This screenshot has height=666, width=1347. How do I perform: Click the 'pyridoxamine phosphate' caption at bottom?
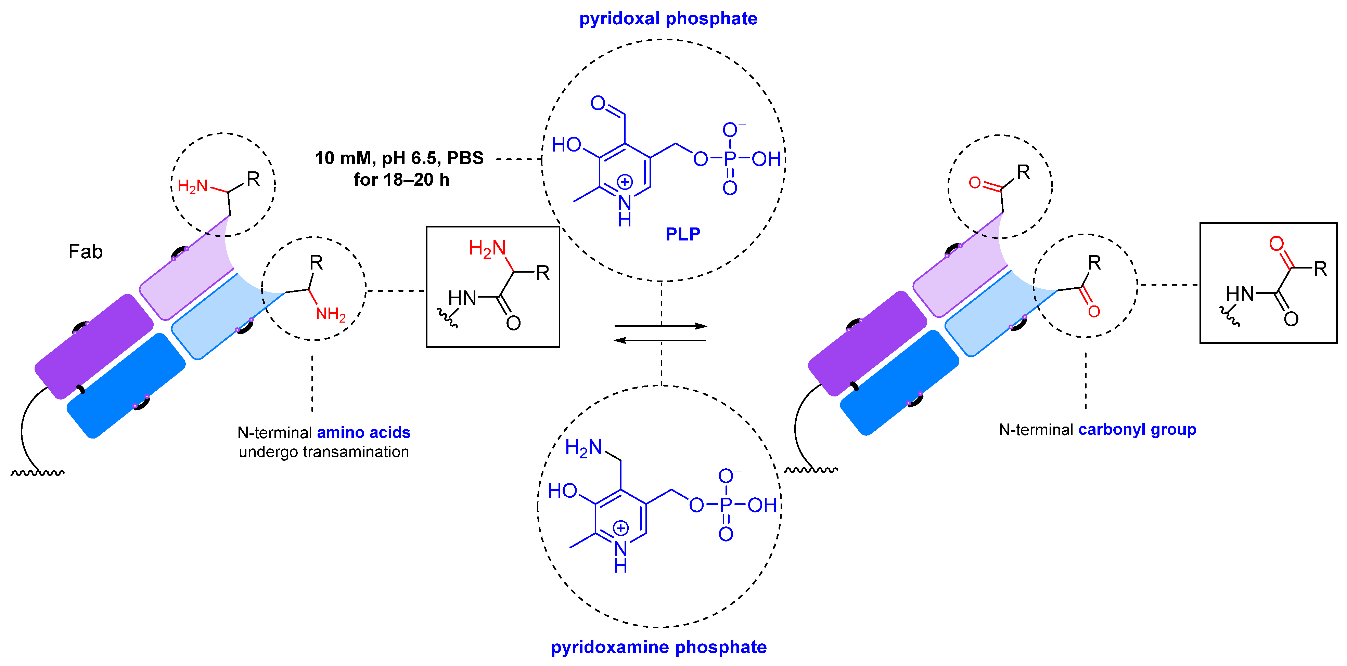pyautogui.click(x=658, y=647)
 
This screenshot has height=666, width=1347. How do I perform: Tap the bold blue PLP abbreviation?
pyautogui.click(x=682, y=234)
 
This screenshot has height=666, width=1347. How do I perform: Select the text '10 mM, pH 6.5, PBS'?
pyautogui.click(x=399, y=158)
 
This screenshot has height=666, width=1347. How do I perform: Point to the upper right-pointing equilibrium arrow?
pyautogui.click(x=660, y=326)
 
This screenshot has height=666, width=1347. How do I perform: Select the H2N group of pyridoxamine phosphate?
pyautogui.click(x=583, y=448)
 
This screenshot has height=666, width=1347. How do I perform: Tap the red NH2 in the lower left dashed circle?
pyautogui.click(x=331, y=314)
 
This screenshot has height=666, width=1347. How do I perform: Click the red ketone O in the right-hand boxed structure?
pyautogui.click(x=1277, y=244)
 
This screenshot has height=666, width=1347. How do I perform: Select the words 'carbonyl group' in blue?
pyautogui.click(x=1137, y=430)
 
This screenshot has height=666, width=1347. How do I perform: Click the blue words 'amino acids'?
pyautogui.click(x=363, y=433)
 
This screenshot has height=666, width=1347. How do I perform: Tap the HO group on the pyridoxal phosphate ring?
pyautogui.click(x=566, y=145)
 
